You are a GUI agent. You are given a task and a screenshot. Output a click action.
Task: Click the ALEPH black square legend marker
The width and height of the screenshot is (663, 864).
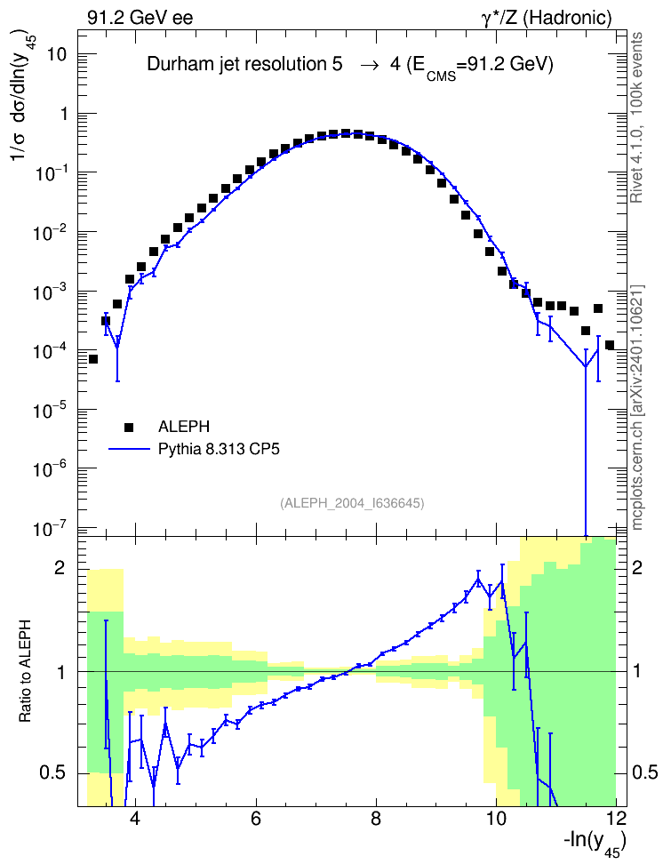(x=129, y=427)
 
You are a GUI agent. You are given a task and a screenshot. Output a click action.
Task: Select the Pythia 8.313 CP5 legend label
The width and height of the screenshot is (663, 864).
(x=219, y=450)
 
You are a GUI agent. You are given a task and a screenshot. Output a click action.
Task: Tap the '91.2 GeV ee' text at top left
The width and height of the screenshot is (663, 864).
(x=140, y=18)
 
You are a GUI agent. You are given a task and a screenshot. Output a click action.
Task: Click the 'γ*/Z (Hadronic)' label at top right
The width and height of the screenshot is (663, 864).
(x=547, y=19)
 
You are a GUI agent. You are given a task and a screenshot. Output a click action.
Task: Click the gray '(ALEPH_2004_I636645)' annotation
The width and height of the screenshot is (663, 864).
(x=352, y=503)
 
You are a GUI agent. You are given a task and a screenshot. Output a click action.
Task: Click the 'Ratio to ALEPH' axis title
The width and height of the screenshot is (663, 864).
(x=26, y=671)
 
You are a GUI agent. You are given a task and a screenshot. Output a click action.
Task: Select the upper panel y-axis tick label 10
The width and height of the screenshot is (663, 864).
(x=56, y=54)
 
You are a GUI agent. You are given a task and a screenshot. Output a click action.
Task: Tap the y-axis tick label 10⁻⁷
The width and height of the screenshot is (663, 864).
(x=48, y=528)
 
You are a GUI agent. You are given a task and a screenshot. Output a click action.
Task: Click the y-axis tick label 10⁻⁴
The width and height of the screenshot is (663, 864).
(x=48, y=351)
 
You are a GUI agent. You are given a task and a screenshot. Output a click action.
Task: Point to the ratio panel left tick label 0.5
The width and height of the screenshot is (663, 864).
(x=54, y=772)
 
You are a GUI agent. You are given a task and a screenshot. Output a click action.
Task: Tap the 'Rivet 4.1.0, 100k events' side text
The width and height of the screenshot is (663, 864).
(x=636, y=118)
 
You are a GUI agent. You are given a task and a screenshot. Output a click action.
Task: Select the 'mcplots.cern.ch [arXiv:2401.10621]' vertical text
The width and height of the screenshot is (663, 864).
(x=636, y=407)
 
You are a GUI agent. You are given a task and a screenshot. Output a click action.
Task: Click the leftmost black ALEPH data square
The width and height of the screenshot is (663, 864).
(x=93, y=359)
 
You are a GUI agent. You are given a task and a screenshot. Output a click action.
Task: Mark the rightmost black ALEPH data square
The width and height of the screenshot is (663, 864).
(x=610, y=346)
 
